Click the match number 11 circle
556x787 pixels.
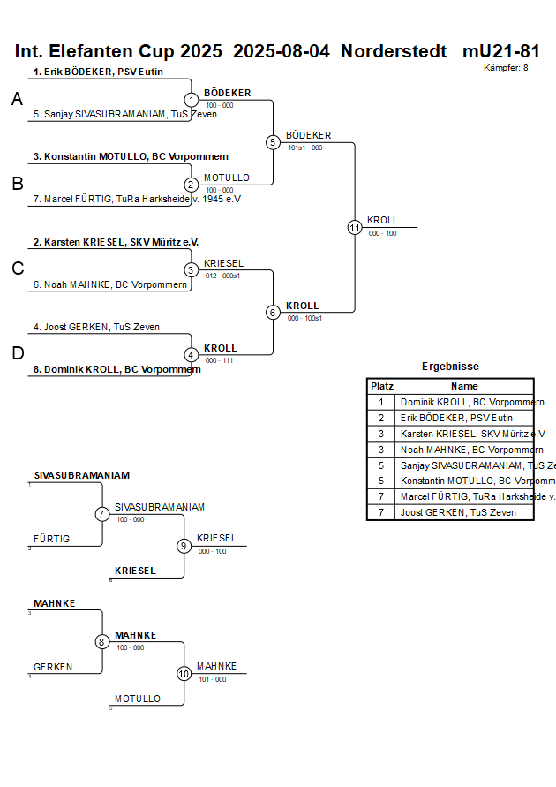click(355, 227)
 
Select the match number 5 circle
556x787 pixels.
click(273, 142)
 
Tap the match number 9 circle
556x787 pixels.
click(184, 546)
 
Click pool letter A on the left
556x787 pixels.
click(17, 101)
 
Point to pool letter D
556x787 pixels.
click(17, 354)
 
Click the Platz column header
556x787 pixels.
click(381, 386)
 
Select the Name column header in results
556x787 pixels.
click(463, 386)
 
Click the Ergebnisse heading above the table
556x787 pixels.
click(450, 367)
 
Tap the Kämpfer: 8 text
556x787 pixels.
click(506, 68)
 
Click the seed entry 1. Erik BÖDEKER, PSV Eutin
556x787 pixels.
click(98, 72)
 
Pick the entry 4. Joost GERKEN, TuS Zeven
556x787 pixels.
click(96, 327)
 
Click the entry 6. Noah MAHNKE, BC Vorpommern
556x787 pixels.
click(109, 284)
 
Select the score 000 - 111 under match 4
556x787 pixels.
click(219, 360)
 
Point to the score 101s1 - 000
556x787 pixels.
click(304, 148)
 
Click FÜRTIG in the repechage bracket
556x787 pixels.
click(51, 539)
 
